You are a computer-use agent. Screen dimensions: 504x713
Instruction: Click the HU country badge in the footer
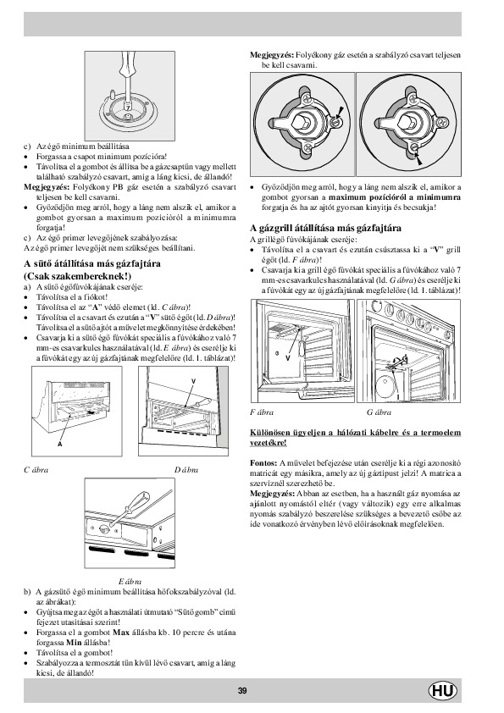pyautogui.click(x=443, y=691)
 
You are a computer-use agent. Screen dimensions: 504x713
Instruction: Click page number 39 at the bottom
pyautogui.click(x=242, y=691)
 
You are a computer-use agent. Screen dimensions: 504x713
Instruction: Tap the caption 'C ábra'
pyautogui.click(x=36, y=470)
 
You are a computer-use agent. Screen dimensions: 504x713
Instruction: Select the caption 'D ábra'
pyautogui.click(x=186, y=470)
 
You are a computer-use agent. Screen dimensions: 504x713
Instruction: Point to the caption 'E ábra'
pyautogui.click(x=130, y=581)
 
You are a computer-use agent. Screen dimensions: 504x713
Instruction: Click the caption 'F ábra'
pyautogui.click(x=262, y=412)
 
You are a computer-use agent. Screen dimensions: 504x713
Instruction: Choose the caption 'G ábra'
pyautogui.click(x=379, y=412)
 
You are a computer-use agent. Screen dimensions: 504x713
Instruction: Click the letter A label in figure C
pyautogui.click(x=60, y=444)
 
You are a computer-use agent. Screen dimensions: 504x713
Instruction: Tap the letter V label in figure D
pyautogui.click(x=193, y=380)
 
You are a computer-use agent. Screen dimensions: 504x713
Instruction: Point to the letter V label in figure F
pyautogui.click(x=287, y=358)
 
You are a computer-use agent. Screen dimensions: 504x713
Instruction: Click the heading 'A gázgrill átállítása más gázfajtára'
pyautogui.click(x=325, y=228)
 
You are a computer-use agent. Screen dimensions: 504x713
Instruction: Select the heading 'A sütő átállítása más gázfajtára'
pyautogui.click(x=91, y=263)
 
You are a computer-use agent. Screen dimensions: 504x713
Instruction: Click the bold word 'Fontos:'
pyautogui.click(x=263, y=463)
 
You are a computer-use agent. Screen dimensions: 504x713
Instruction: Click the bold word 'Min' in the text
pyautogui.click(x=74, y=643)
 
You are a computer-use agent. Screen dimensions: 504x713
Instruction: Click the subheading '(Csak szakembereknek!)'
pyautogui.click(x=77, y=276)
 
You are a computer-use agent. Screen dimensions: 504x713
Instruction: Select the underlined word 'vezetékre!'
pyautogui.click(x=269, y=443)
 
